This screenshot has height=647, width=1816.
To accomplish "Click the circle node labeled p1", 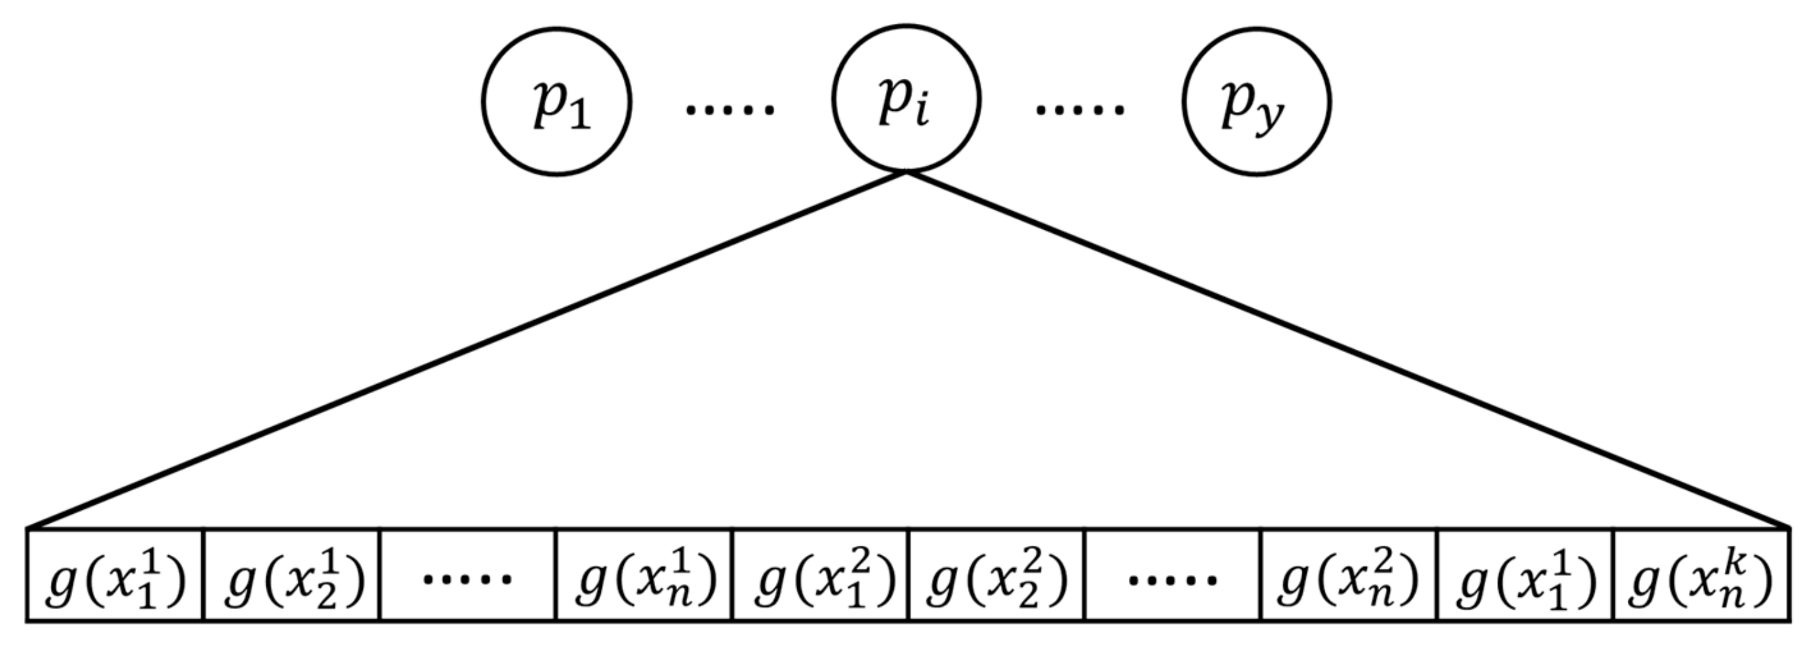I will (556, 101).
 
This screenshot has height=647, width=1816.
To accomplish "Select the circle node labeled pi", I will (906, 99).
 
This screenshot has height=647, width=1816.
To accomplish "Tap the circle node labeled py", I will (1256, 101).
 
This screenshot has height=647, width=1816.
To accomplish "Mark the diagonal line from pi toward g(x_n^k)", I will (1346, 349).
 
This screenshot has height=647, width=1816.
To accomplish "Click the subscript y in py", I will (1270, 116).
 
